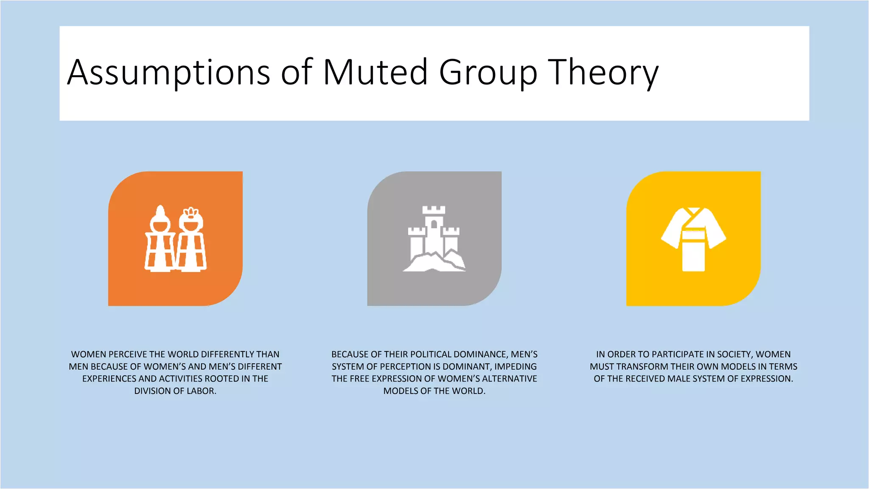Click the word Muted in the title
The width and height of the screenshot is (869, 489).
375,72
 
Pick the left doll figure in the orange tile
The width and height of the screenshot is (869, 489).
160,240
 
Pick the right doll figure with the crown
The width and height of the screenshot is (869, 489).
191,240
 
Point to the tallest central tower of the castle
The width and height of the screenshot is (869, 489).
434,229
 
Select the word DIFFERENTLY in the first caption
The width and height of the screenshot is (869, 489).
227,354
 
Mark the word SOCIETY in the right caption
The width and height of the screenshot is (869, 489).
735,354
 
